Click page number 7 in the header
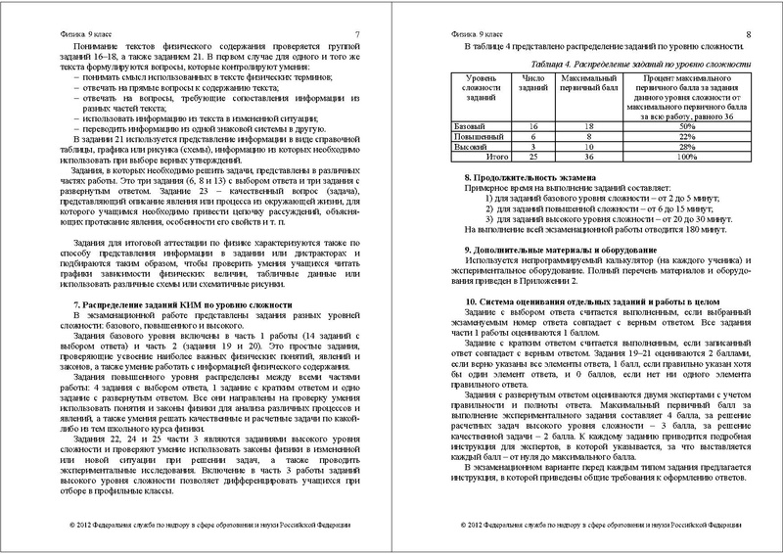(357, 35)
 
